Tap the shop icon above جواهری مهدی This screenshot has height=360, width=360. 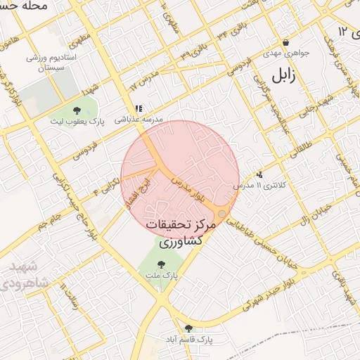click(x=285, y=42)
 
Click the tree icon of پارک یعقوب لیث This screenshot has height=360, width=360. click(x=77, y=110)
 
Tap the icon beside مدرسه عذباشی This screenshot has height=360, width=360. click(x=139, y=109)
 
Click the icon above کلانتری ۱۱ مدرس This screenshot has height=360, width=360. click(x=260, y=174)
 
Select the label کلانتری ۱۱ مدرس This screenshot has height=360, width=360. click(x=257, y=186)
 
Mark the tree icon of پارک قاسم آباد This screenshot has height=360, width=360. click(x=188, y=328)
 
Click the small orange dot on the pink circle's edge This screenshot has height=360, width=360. click(x=222, y=213)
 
